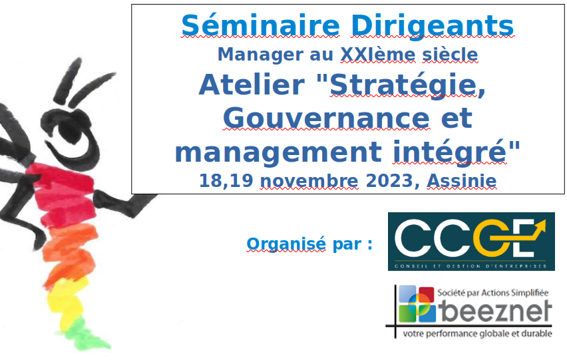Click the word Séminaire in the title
click(260, 25)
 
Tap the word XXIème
click(378, 55)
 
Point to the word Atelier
click(252, 85)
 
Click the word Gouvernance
click(327, 118)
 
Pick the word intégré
click(450, 152)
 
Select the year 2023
click(390, 180)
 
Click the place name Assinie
click(462, 180)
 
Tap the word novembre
click(309, 181)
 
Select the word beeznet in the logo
click(495, 311)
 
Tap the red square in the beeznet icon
click(426, 294)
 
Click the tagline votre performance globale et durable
click(477, 333)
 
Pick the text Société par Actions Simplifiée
click(493, 292)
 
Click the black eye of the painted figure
click(71, 131)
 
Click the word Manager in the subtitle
click(260, 55)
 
